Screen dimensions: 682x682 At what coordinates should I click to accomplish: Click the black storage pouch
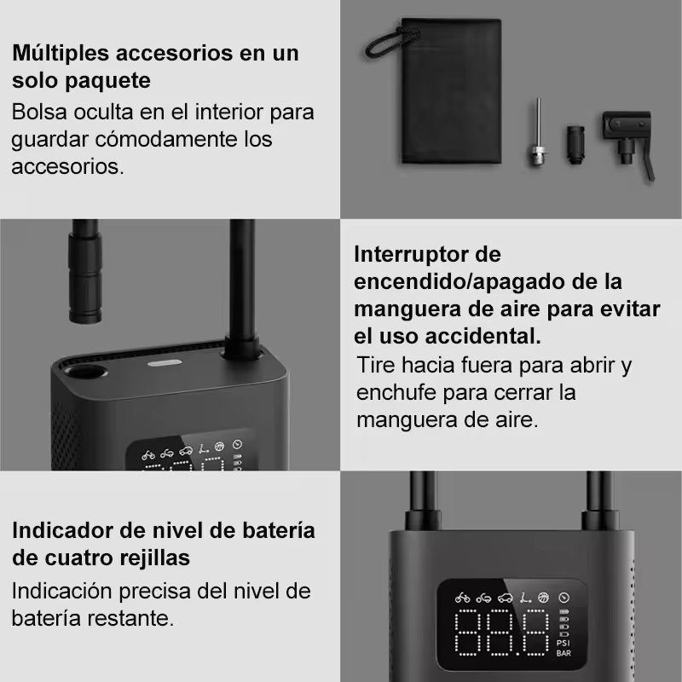pyautogui.click(x=451, y=91)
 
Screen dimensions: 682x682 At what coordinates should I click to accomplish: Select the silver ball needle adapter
pyautogui.click(x=538, y=132)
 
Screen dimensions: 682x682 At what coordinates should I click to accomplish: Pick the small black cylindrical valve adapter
pyautogui.click(x=575, y=145)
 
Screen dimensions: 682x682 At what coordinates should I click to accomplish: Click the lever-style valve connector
pyautogui.click(x=627, y=139)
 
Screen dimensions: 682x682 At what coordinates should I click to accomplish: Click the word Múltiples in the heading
pyautogui.click(x=61, y=54)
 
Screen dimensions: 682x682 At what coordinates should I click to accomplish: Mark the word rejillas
pyautogui.click(x=155, y=558)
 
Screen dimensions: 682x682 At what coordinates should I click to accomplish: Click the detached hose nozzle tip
pyautogui.click(x=84, y=271)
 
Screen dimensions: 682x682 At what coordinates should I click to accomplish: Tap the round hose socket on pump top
pyautogui.click(x=86, y=372)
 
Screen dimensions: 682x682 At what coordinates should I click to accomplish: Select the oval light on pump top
pyautogui.click(x=165, y=363)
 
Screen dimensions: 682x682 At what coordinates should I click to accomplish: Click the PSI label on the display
pyautogui.click(x=564, y=643)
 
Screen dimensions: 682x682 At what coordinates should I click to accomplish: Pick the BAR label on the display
pyautogui.click(x=564, y=653)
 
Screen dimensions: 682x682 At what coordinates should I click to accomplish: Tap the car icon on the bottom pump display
pyautogui.click(x=505, y=598)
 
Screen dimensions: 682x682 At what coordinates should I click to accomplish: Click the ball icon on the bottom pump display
pyautogui.click(x=543, y=598)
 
